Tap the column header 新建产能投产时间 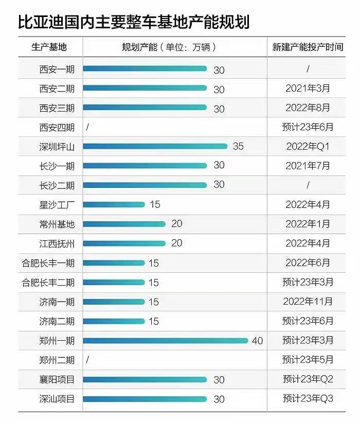(308, 47)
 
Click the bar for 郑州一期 (166, 340)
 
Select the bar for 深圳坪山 (155, 147)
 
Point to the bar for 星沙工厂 (114, 204)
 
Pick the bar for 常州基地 (124, 224)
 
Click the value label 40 (257, 341)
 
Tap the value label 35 (238, 147)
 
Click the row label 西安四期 (57, 127)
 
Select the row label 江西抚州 (57, 243)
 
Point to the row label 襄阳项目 (57, 380)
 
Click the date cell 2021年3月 (308, 89)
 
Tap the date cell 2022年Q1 (308, 147)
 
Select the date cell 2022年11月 (308, 302)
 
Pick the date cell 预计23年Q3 (308, 399)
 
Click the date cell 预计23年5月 (308, 360)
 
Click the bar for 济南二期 (114, 321)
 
